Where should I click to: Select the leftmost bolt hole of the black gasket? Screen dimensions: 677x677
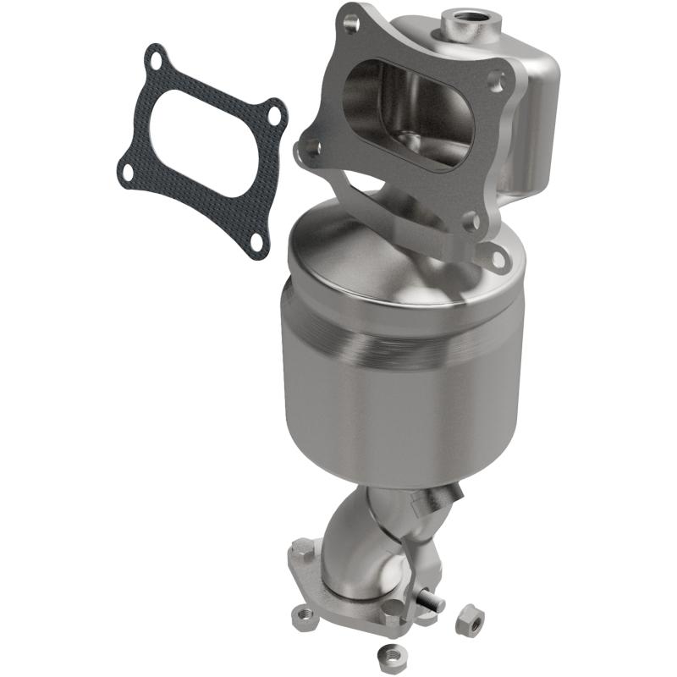(126, 173)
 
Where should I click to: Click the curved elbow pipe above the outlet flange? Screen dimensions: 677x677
(356, 542)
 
